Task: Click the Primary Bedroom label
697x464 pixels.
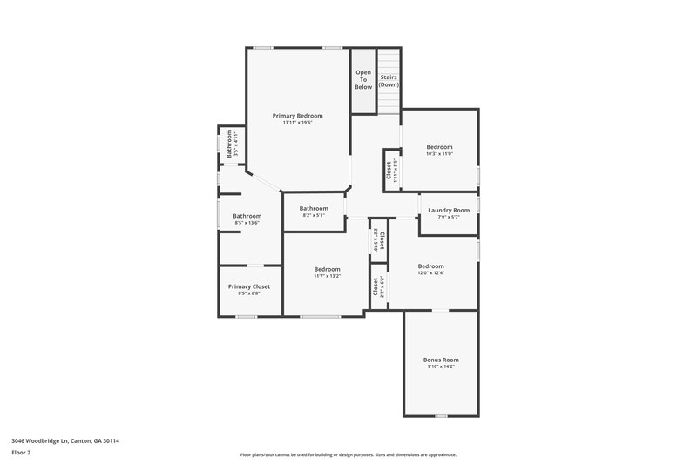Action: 297,116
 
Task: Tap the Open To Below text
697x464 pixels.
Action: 363,79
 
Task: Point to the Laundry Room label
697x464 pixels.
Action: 449,210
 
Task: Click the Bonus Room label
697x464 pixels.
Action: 441,360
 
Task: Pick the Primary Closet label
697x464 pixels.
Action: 249,286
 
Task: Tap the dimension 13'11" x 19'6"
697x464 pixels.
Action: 297,123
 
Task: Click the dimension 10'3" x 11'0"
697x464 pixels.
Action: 439,154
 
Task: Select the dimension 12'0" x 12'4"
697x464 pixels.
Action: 430,273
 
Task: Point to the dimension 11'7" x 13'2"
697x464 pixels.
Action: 328,277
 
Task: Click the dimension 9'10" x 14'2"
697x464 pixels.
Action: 441,366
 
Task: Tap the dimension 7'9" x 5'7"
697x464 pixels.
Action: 449,217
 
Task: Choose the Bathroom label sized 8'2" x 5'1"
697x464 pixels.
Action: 314,208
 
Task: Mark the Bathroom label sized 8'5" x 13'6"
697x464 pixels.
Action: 247,216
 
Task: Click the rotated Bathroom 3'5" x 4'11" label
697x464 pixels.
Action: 230,143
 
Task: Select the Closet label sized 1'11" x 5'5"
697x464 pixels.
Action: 389,170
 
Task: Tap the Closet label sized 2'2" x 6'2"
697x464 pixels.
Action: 376,286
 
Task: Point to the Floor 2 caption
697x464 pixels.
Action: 21,453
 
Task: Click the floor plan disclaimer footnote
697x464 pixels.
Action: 348,454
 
